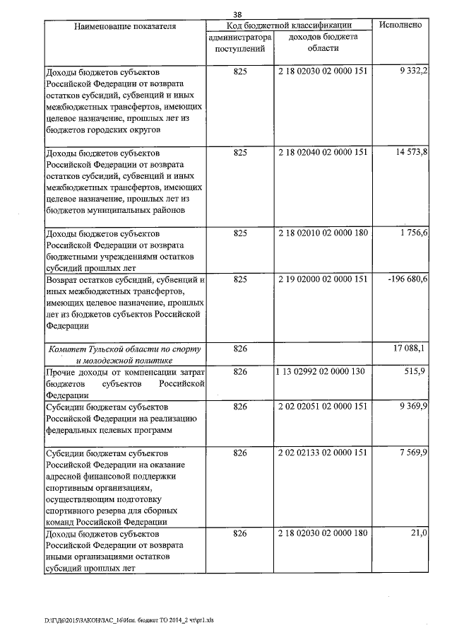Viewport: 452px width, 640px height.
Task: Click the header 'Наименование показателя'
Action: tap(124, 26)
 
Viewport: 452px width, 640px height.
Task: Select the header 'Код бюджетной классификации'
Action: tap(289, 25)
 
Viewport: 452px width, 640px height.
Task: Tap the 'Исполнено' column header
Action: tap(400, 25)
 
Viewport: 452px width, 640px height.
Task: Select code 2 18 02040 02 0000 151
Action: tap(323, 152)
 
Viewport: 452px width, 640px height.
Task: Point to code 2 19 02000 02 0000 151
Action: tap(323, 281)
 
